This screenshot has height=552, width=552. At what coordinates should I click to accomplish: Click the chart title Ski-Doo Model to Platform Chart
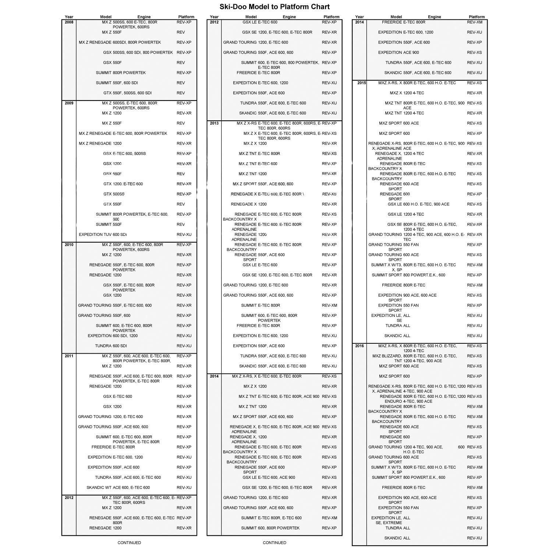pyautogui.click(x=275, y=7)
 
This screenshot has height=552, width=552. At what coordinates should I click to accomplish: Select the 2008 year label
pyautogui.click(x=69, y=22)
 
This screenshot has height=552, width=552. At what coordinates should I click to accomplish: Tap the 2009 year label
pyautogui.click(x=69, y=103)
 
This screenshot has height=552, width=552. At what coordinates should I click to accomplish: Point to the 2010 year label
pyautogui.click(x=69, y=245)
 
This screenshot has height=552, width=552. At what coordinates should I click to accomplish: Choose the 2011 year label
pyautogui.click(x=69, y=356)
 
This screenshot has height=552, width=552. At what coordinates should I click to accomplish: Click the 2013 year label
pyautogui.click(x=214, y=123)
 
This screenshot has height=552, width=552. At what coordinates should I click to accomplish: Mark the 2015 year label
pyautogui.click(x=361, y=83)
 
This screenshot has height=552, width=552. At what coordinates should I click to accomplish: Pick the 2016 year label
pyautogui.click(x=360, y=346)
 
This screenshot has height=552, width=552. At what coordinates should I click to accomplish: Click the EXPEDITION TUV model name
pyautogui.click(x=95, y=235)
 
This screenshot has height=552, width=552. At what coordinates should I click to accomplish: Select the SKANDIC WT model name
pyautogui.click(x=99, y=488)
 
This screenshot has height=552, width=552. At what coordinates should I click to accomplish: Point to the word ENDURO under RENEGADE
pyautogui.click(x=393, y=401)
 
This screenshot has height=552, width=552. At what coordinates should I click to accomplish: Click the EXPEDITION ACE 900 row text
pyautogui.click(x=398, y=53)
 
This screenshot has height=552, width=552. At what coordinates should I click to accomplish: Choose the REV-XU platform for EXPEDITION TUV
pyautogui.click(x=184, y=235)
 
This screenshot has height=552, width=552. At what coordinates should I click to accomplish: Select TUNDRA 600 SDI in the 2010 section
pyautogui.click(x=111, y=346)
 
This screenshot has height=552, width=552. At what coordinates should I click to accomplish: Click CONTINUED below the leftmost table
pyautogui.click(x=129, y=542)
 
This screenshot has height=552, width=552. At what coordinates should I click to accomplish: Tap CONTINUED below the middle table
pyautogui.click(x=275, y=542)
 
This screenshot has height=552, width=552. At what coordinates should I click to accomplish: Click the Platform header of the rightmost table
pyautogui.click(x=477, y=17)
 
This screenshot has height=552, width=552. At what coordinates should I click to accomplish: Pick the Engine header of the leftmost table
pyautogui.click(x=144, y=17)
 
